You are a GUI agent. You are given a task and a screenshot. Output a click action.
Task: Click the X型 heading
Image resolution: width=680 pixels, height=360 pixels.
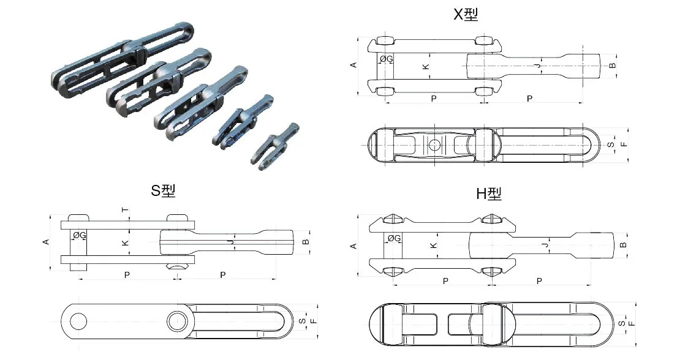(465, 14)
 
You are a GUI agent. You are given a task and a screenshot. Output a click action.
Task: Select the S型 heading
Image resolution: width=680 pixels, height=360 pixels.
(163, 190)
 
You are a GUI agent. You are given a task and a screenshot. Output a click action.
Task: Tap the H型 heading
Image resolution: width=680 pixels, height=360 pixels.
(489, 194)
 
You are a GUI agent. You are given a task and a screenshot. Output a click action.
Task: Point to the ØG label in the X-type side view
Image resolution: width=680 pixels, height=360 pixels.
(387, 59)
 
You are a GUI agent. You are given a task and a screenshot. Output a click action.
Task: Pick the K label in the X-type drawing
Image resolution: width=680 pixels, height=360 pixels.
(426, 66)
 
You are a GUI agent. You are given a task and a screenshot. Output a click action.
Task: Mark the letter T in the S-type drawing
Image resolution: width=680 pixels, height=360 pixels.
(126, 210)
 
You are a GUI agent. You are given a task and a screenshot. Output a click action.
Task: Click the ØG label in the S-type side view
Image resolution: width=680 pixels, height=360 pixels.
(79, 235)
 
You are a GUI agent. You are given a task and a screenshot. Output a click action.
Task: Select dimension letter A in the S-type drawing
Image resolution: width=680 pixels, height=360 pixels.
(45, 242)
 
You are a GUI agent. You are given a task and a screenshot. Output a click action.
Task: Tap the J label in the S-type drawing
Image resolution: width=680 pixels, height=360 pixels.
(230, 243)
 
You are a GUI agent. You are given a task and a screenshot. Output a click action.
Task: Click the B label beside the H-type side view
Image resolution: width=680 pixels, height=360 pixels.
(623, 245)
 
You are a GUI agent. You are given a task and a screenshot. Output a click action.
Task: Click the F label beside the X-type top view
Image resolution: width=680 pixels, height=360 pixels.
(623, 145)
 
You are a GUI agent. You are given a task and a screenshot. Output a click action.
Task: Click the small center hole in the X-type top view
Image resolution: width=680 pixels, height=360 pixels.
(434, 145)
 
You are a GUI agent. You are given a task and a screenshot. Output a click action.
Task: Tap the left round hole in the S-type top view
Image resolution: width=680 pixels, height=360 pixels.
(78, 320)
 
